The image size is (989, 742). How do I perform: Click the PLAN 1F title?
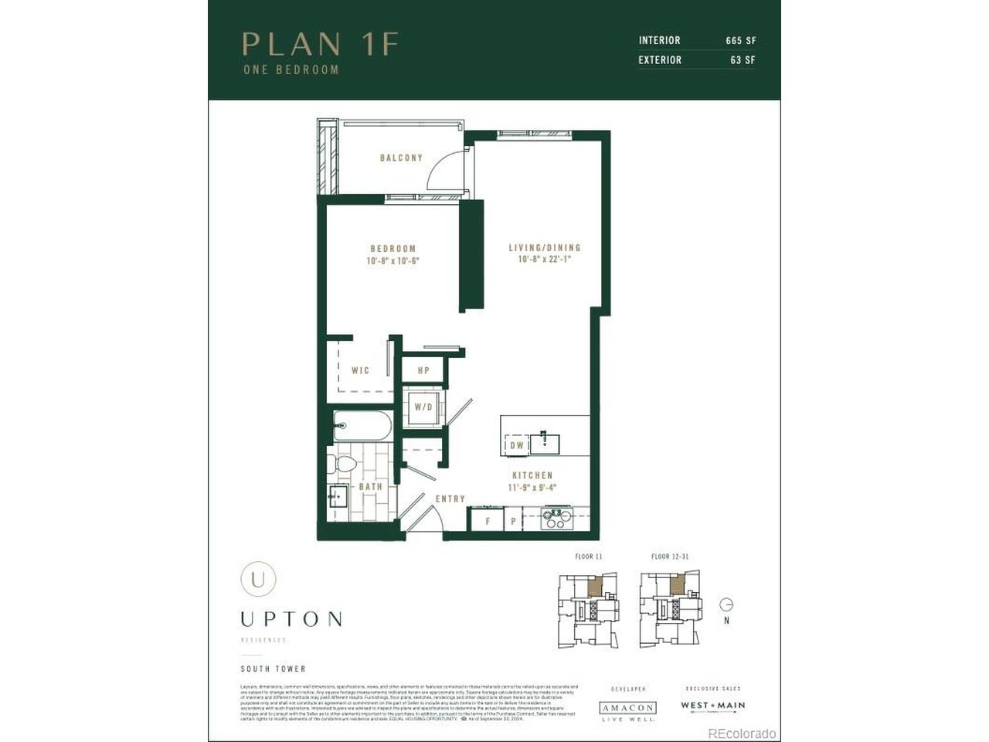(320, 44)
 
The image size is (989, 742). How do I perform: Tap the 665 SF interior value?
(740, 40)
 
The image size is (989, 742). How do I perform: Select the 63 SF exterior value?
(743, 60)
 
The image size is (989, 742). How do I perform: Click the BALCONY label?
(401, 158)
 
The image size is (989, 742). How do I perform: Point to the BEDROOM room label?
(393, 248)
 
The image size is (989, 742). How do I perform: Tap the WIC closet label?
(360, 370)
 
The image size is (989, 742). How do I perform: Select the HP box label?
(423, 371)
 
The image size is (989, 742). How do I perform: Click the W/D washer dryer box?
(423, 407)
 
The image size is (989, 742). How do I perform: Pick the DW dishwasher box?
(517, 445)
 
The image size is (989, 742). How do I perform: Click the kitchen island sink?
(545, 443)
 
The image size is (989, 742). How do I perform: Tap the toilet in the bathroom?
(343, 464)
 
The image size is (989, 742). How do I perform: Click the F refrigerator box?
(487, 520)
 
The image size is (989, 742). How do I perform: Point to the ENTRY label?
(450, 499)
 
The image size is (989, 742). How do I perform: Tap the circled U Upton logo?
(258, 579)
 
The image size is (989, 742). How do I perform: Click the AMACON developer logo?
(627, 708)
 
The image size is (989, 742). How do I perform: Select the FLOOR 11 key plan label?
(588, 556)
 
